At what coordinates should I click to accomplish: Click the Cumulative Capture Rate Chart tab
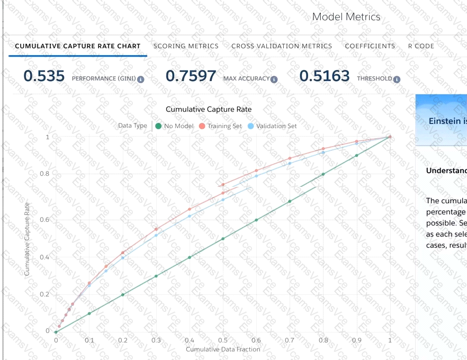[77, 46]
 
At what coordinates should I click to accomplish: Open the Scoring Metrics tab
[186, 46]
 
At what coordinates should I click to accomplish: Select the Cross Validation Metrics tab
[282, 46]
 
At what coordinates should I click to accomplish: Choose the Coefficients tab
[370, 46]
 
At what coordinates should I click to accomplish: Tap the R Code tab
[421, 46]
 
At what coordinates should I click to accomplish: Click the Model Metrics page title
[346, 17]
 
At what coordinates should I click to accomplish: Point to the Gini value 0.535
[44, 76]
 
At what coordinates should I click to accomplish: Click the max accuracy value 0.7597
[191, 76]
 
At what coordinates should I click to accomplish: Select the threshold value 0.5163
[325, 76]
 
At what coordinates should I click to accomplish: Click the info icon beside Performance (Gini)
[141, 79]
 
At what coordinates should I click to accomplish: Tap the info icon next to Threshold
[397, 79]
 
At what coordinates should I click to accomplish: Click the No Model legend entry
[175, 126]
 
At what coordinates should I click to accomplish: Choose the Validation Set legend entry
[272, 126]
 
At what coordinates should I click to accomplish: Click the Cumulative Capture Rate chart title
[209, 110]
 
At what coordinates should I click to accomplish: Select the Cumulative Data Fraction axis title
[223, 349]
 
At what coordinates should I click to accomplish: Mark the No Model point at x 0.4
[190, 257]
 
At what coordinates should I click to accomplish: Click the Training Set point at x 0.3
[156, 229]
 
